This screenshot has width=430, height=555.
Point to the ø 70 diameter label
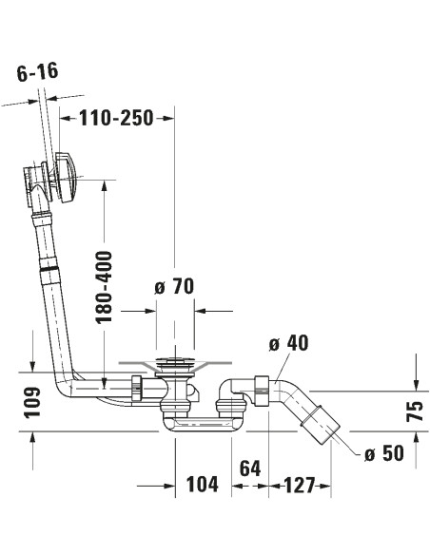click(x=174, y=287)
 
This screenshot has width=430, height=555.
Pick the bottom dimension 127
click(x=299, y=484)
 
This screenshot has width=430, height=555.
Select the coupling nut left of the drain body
click(x=138, y=387)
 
